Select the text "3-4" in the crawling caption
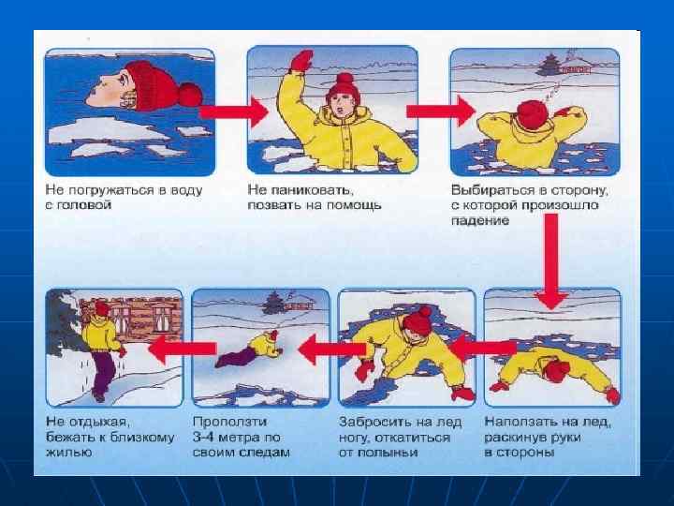(203, 438)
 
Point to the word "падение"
(479, 220)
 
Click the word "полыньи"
(390, 453)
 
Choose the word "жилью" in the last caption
(68, 453)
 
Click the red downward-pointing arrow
(551, 261)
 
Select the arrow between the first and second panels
(234, 112)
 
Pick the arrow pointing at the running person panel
(182, 349)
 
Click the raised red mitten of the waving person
(301, 61)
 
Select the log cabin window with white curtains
(162, 319)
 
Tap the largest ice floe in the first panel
(105, 130)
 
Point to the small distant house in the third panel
(577, 67)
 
